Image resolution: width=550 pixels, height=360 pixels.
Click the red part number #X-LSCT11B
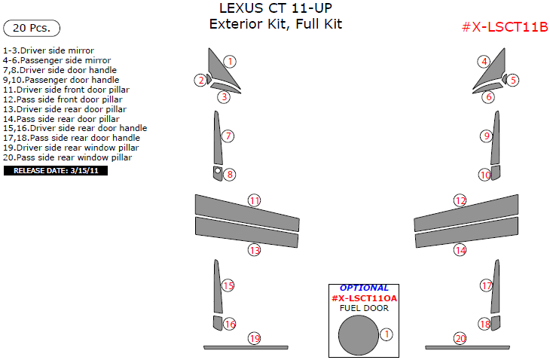[x=504, y=28]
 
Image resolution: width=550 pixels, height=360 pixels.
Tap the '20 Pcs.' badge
[x=32, y=28]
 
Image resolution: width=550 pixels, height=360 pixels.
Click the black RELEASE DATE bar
[x=56, y=171]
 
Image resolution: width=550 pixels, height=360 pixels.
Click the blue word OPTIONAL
[x=364, y=288]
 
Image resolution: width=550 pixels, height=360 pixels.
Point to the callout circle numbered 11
[x=255, y=200]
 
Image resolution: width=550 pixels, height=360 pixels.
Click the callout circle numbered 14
[x=460, y=250]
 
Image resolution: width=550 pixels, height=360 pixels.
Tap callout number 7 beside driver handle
[x=228, y=136]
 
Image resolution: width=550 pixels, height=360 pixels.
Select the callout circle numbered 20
[x=460, y=339]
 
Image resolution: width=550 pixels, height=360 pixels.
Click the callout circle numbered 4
[x=484, y=62]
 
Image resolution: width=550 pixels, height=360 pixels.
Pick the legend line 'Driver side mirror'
[x=48, y=50]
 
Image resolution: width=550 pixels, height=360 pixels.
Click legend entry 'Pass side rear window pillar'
[x=68, y=158]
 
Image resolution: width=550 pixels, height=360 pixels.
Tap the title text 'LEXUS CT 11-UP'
[x=275, y=9]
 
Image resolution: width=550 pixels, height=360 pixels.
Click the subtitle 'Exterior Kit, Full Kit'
[x=275, y=25]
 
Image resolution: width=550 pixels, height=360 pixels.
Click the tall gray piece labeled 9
[x=496, y=137]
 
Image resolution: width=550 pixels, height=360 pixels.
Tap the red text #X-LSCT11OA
[x=364, y=298]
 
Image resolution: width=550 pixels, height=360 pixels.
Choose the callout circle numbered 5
[x=513, y=80]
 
